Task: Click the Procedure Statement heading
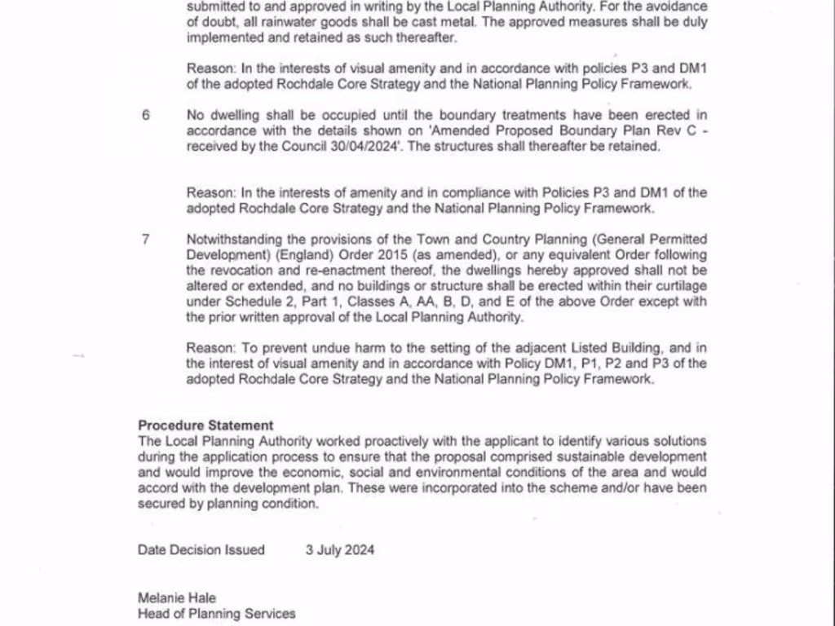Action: pyautogui.click(x=205, y=425)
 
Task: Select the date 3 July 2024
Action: pyautogui.click(x=340, y=549)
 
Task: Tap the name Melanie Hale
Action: pyautogui.click(x=177, y=598)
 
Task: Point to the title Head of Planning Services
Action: pyautogui.click(x=216, y=614)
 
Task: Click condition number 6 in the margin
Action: pyautogui.click(x=146, y=115)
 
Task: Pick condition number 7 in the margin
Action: pyautogui.click(x=146, y=239)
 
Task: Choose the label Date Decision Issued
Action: pyautogui.click(x=201, y=549)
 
